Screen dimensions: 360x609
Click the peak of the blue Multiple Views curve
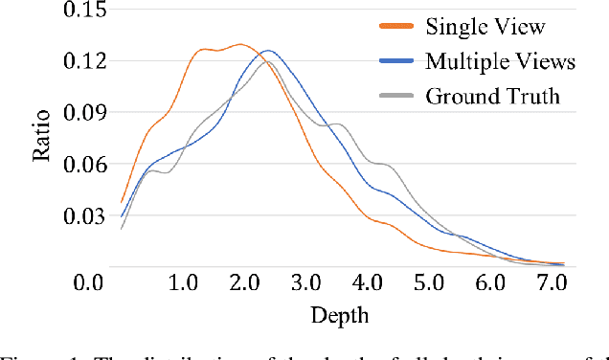point(269,50)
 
